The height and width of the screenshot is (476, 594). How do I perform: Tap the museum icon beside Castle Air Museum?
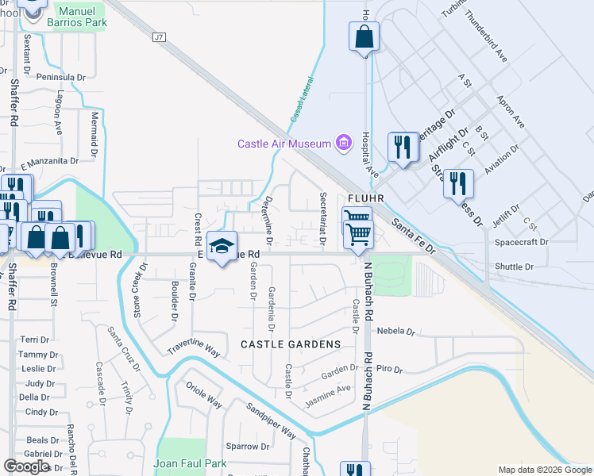point(343,144)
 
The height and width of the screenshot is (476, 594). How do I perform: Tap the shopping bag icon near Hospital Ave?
point(363,37)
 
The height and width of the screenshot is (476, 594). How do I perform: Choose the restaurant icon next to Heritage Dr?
point(403,148)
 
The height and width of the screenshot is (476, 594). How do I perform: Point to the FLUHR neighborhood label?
point(366,199)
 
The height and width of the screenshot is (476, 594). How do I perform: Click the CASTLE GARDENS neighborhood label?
point(291,344)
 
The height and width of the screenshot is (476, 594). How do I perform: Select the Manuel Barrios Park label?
point(83,17)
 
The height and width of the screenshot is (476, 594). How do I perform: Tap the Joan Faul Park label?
point(190,464)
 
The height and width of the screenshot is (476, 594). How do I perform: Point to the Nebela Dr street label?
point(396,331)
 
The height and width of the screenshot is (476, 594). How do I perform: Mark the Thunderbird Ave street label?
point(486,36)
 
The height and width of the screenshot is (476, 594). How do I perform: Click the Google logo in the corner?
point(27,466)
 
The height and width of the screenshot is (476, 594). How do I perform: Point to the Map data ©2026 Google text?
point(544,470)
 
